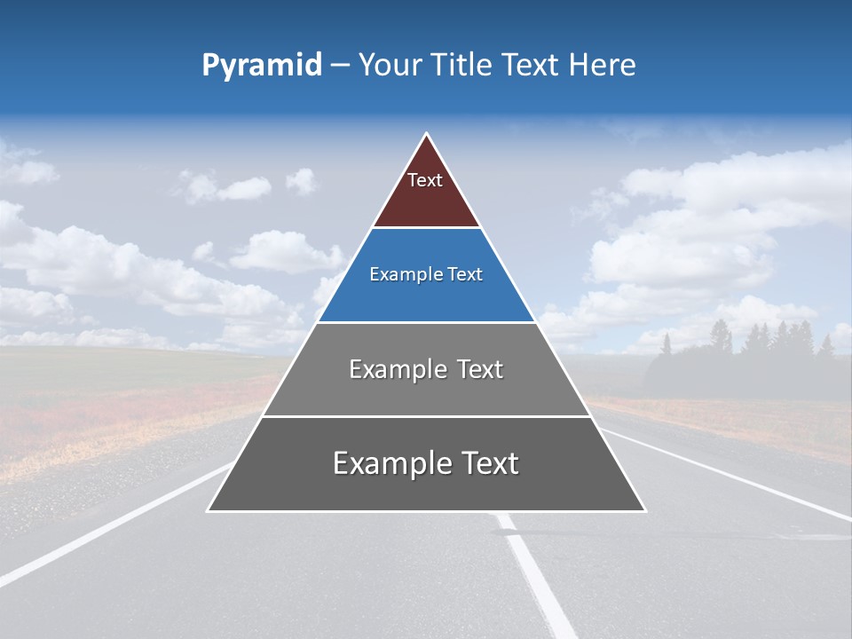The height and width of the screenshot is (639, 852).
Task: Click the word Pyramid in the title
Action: tap(261, 66)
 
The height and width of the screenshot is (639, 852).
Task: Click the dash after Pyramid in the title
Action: tap(340, 66)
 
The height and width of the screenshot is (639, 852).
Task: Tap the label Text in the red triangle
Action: tap(425, 180)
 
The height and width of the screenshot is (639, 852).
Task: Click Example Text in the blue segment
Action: tap(426, 274)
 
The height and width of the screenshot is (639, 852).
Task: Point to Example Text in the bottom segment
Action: tap(426, 463)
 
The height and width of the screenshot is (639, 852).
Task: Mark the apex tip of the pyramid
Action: tap(426, 135)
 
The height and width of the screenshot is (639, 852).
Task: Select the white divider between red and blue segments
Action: tap(426, 228)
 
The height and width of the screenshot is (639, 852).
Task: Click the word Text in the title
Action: tap(532, 66)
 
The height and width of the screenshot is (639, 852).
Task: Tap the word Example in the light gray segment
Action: tap(388, 369)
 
